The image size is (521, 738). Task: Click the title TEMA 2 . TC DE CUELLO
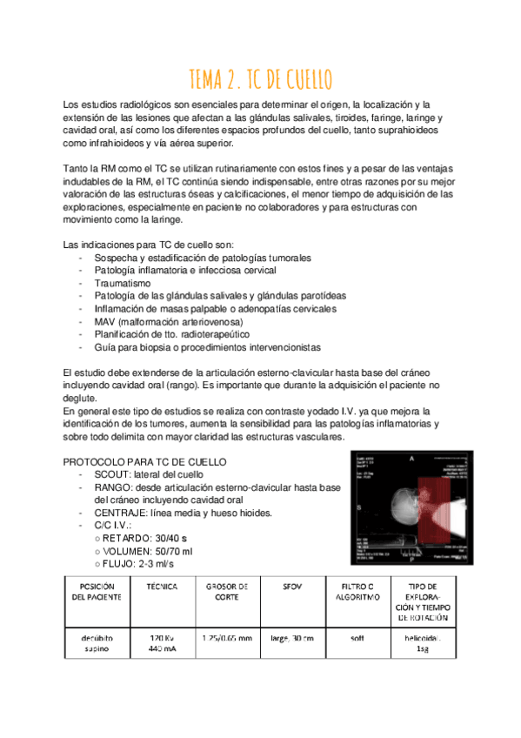(260, 81)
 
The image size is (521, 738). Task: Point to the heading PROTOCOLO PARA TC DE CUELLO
(146, 460)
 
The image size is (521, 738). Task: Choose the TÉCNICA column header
(163, 587)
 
